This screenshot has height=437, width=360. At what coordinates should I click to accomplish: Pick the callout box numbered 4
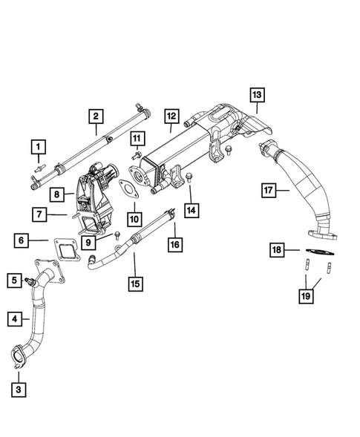point(14,319)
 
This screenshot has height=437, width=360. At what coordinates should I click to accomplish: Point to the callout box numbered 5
point(14,280)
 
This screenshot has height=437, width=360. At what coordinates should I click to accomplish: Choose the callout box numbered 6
point(22,240)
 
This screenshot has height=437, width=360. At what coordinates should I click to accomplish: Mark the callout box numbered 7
point(37,215)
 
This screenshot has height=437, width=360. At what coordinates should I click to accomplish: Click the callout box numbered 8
point(57,195)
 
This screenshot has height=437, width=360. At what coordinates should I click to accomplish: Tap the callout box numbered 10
point(134,219)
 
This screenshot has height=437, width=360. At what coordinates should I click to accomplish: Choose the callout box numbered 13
point(256,95)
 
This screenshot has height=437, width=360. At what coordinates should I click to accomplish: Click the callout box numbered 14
point(192,211)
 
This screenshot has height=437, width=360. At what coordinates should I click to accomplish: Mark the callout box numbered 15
point(134,283)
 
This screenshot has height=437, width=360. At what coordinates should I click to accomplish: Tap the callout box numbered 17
point(269,191)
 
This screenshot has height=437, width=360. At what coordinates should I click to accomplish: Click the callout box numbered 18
point(276,250)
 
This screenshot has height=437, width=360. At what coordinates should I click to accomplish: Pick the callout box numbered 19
point(306,297)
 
